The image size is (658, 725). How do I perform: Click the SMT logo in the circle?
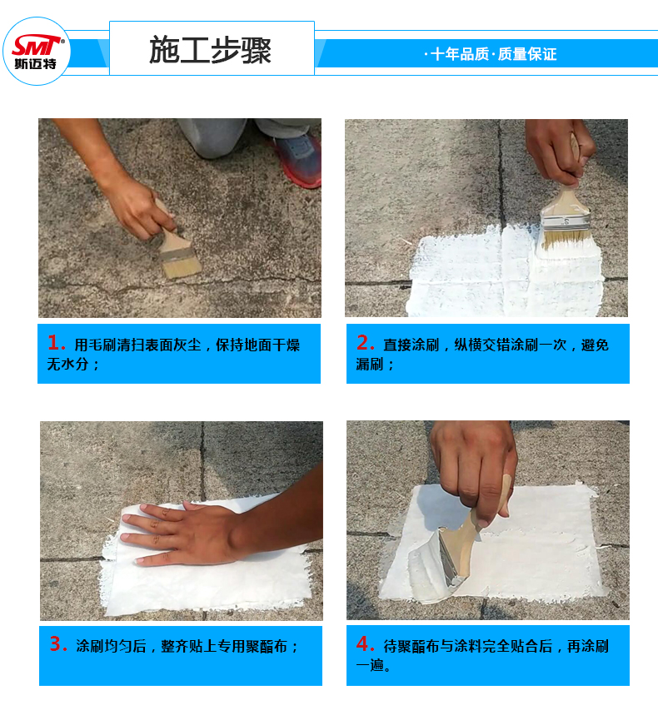pos(37,51)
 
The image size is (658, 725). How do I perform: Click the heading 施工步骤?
pos(210,50)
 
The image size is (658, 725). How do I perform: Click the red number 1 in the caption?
pos(55,343)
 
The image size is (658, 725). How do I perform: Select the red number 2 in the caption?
pos(365,343)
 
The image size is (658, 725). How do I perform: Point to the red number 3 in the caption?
pos(57,643)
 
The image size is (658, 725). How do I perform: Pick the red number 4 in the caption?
pos(365,643)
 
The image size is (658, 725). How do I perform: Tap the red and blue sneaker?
pos(299,159)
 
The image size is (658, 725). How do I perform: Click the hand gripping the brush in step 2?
pos(559,151)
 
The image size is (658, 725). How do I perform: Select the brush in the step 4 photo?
pos(463,545)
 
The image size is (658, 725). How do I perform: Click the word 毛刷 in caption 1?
pos(102,345)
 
